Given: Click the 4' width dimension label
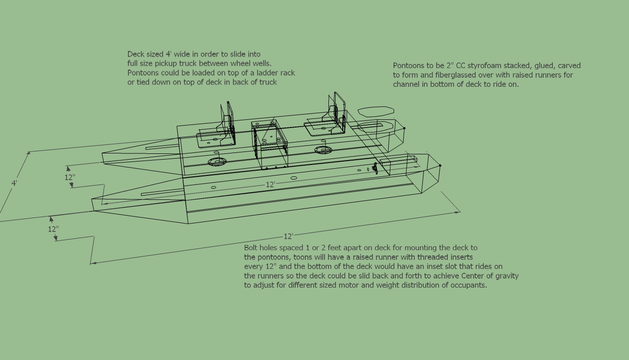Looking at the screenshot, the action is (14, 184).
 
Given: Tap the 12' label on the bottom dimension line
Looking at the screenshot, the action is (289, 236).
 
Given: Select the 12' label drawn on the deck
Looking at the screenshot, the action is (270, 185).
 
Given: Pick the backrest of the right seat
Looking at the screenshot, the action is (337, 112).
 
